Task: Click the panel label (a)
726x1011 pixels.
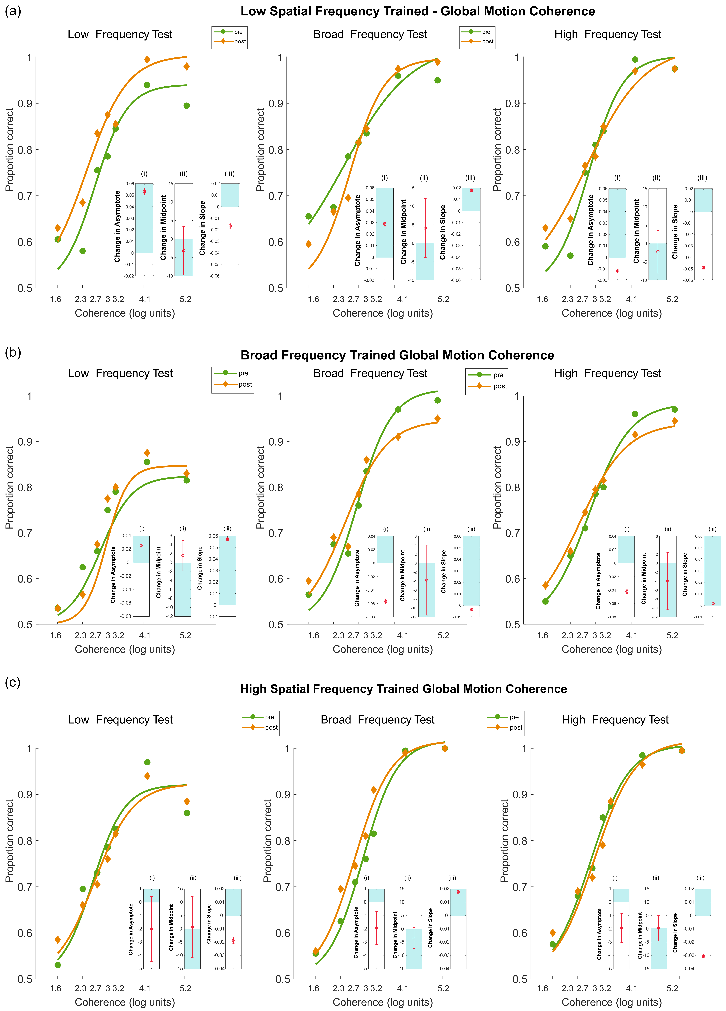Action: click(x=13, y=11)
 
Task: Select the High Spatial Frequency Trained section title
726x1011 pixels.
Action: click(x=404, y=689)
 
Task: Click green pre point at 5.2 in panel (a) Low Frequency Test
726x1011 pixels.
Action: click(x=186, y=106)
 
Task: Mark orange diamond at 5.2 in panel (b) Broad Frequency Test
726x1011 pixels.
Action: click(x=437, y=419)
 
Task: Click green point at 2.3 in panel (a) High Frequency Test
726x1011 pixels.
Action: click(x=570, y=255)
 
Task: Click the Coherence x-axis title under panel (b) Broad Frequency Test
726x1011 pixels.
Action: click(x=383, y=649)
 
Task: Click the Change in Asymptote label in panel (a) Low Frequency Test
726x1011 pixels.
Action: click(x=117, y=226)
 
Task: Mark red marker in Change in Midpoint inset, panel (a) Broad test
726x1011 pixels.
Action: click(x=425, y=228)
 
